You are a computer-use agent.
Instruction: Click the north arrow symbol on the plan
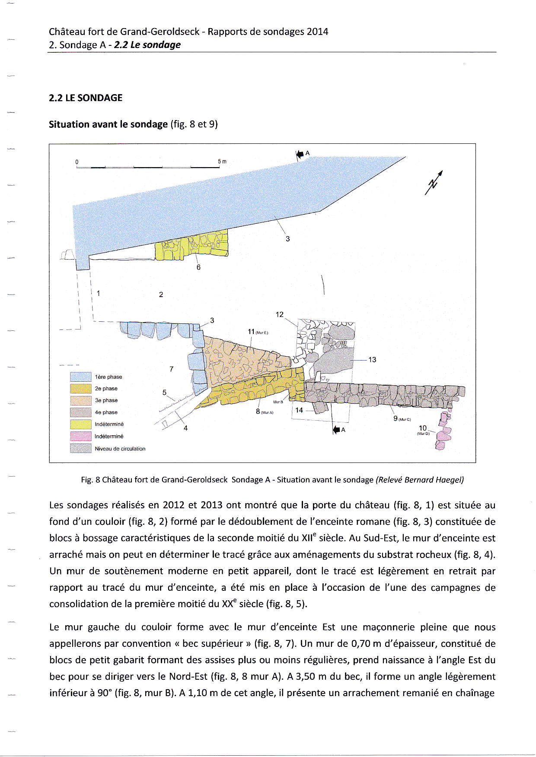point(434,182)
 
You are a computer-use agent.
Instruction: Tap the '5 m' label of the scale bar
point(222,162)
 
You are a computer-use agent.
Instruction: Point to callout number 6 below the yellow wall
point(198,267)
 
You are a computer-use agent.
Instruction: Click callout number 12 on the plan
point(280,314)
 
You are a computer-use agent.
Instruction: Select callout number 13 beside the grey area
point(372,359)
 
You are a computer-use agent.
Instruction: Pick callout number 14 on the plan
point(299,410)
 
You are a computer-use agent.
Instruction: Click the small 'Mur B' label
point(278,402)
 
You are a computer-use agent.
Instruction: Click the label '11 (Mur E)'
point(258,332)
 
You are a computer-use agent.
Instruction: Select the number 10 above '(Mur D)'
point(423,428)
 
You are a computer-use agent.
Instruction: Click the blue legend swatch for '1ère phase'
point(81,377)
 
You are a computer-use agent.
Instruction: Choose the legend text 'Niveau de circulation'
point(120,449)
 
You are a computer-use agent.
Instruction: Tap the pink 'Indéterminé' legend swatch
point(81,436)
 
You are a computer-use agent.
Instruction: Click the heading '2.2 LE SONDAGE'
point(86,98)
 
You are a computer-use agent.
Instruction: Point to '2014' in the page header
point(317,32)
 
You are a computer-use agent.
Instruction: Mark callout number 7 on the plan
point(172,369)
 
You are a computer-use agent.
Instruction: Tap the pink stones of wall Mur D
point(443,432)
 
